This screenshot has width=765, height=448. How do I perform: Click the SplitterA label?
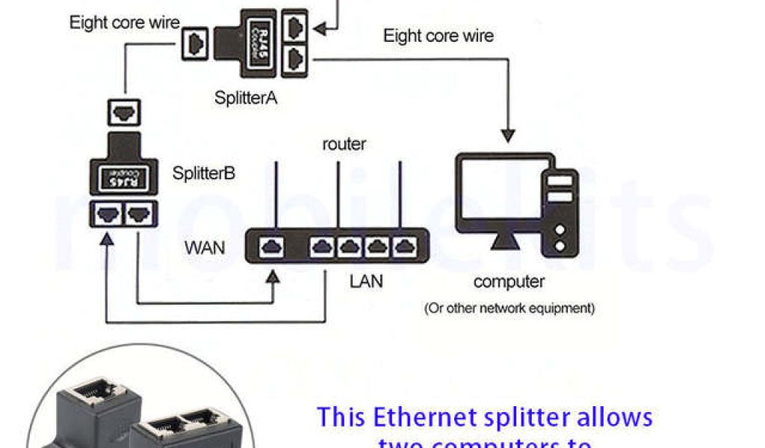click(x=246, y=97)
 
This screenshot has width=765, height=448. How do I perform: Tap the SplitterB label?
click(x=204, y=174)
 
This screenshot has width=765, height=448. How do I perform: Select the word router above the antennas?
click(x=344, y=144)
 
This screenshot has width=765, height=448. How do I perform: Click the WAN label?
click(x=204, y=247)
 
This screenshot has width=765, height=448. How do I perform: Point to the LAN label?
click(x=367, y=281)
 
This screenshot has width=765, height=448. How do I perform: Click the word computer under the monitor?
click(x=509, y=281)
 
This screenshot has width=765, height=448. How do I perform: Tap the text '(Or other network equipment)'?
click(x=510, y=308)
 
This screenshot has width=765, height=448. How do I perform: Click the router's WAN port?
click(x=272, y=246)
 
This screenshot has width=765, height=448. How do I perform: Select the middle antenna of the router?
click(x=338, y=193)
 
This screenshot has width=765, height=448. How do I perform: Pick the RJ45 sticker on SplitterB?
click(x=122, y=178)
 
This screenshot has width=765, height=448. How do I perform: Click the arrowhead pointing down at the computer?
click(x=509, y=136)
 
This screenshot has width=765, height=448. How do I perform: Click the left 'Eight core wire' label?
click(x=125, y=22)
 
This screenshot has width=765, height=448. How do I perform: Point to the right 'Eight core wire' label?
click(x=439, y=35)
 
